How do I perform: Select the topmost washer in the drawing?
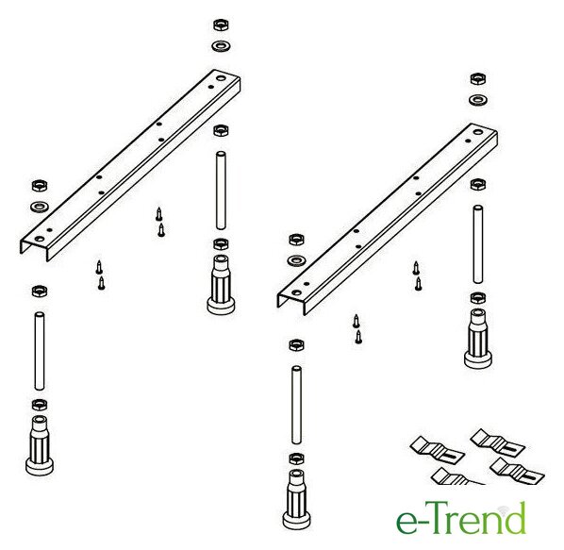(222, 46)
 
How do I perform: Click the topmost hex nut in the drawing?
(222, 25)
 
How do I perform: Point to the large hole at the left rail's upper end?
(221, 78)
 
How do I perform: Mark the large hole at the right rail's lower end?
(297, 292)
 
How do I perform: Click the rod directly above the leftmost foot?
(40, 351)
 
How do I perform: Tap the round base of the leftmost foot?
(40, 466)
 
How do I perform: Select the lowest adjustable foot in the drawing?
(296, 499)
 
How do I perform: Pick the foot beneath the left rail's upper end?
(221, 284)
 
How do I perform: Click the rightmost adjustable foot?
(477, 338)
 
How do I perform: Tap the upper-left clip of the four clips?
(437, 449)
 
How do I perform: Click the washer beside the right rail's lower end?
(297, 260)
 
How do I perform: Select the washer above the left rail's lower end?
(40, 207)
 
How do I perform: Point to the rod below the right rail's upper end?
(477, 244)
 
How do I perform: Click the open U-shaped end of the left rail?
(34, 248)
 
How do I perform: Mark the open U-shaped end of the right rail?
(291, 302)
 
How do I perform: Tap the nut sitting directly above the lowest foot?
(296, 458)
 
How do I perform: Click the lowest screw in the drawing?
(358, 337)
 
